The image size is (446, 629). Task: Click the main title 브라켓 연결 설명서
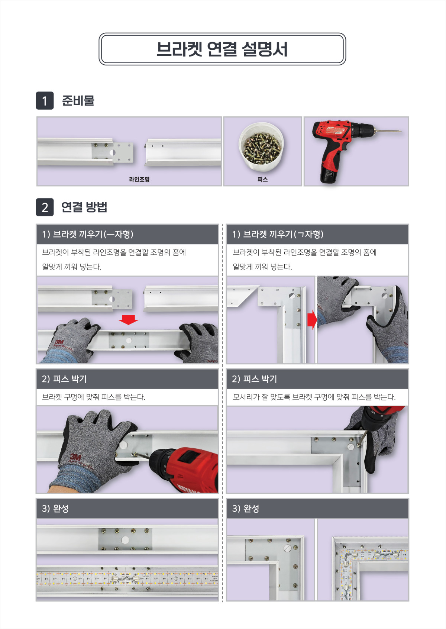(222, 49)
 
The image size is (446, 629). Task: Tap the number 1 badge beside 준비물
(45, 100)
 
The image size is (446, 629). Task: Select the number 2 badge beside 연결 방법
(45, 207)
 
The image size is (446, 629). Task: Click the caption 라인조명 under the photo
(139, 180)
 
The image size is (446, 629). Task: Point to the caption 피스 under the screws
(262, 180)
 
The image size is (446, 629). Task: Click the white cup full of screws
(261, 147)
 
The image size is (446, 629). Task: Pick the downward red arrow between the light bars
(128, 320)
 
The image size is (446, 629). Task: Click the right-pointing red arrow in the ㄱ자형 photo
(312, 320)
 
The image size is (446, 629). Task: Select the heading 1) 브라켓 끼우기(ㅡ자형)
(88, 234)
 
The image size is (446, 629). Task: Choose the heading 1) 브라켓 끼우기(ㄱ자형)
(278, 234)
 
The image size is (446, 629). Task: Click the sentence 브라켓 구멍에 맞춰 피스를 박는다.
(93, 397)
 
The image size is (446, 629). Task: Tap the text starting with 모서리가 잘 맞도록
(314, 397)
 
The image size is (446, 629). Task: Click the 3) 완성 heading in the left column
(55, 509)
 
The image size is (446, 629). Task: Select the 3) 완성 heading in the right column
(246, 509)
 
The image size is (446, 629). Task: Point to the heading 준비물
(78, 100)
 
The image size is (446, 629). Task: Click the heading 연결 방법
(84, 207)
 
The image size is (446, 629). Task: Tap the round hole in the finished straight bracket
(125, 539)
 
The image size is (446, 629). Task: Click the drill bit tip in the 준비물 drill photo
(401, 131)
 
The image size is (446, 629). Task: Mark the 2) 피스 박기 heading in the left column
(64, 379)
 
